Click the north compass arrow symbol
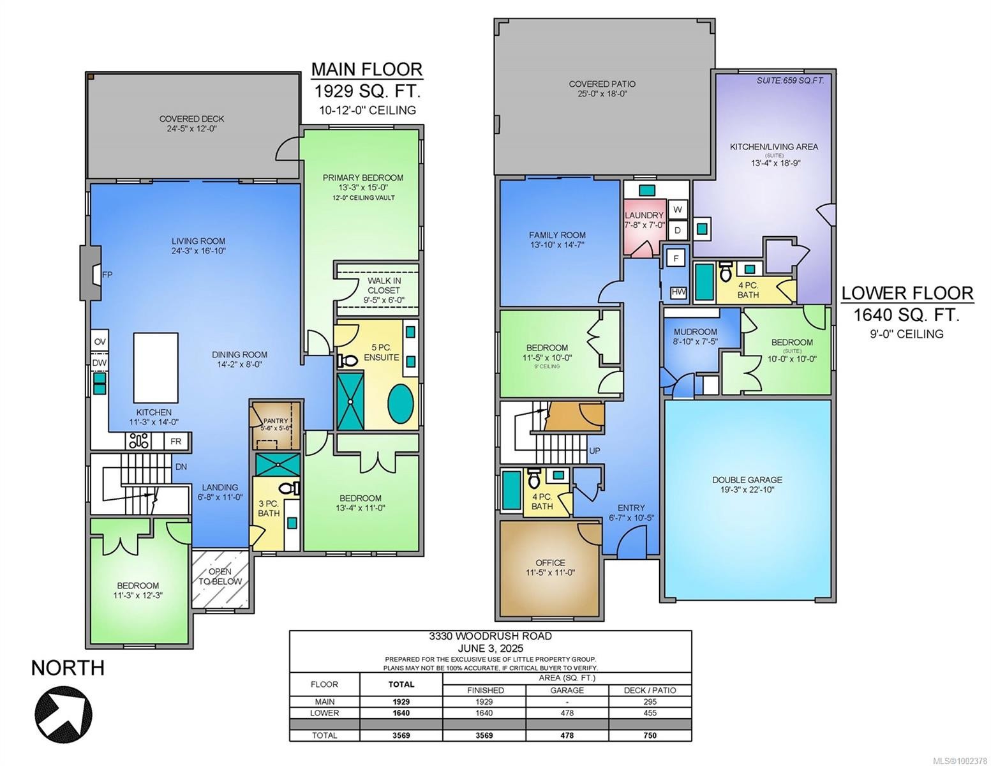(63, 710)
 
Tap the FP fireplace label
(107, 275)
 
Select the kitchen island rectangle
(156, 368)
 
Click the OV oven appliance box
(100, 342)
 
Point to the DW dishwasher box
(100, 363)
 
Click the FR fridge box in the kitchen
(176, 441)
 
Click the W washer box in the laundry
(678, 209)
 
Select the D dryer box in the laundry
(678, 230)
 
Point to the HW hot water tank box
(678, 292)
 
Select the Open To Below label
(220, 576)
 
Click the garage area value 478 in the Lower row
(567, 713)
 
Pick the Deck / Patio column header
(650, 690)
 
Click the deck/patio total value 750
(650, 735)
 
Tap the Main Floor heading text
(366, 69)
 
